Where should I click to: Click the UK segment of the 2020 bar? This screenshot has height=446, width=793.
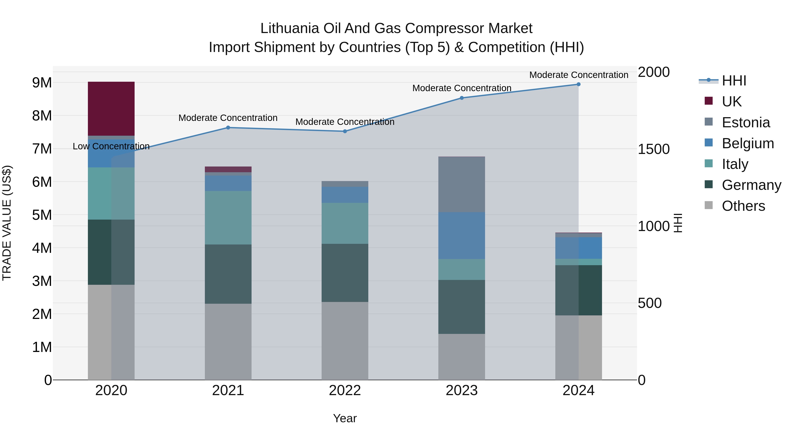tap(111, 108)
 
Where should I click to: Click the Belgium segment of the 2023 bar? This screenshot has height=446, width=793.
tap(461, 235)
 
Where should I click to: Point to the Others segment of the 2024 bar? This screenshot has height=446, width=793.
tap(578, 348)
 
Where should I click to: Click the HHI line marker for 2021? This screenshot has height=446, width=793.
tap(228, 128)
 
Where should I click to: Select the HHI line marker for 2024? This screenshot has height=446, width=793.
tap(578, 84)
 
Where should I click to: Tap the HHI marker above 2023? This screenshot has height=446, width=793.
tap(461, 98)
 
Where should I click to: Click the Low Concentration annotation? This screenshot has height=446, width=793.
tap(111, 146)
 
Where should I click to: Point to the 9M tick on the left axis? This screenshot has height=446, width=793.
tap(42, 83)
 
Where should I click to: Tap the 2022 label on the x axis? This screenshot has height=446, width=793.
tap(345, 390)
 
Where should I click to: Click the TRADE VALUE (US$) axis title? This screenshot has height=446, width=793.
tap(7, 223)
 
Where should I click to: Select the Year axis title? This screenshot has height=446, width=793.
tap(345, 418)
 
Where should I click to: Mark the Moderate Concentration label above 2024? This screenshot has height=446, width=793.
tap(578, 75)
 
